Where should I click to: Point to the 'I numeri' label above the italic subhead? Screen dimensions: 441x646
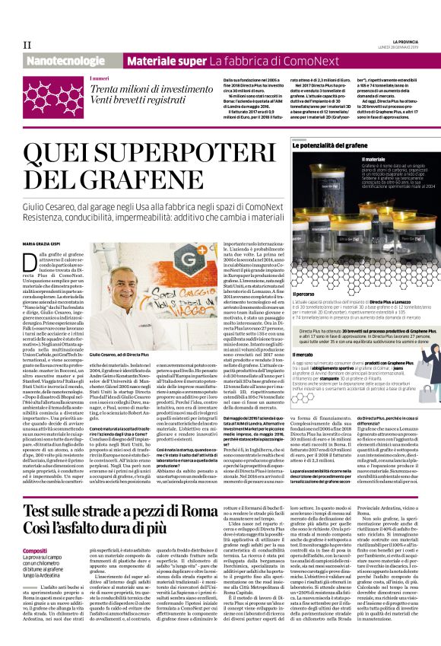(x=99, y=79)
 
